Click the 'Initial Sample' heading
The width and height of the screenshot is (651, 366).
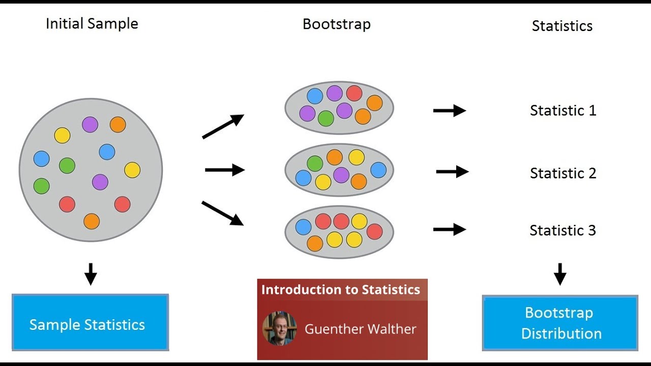(x=92, y=23)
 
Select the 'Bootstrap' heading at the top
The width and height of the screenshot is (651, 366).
(x=336, y=24)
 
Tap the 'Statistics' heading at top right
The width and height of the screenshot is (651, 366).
(x=562, y=26)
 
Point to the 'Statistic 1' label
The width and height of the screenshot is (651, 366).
(x=563, y=110)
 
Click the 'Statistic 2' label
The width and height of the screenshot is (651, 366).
(x=563, y=173)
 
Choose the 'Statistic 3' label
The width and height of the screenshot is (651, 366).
(x=563, y=230)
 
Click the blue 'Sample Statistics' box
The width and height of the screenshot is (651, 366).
(x=90, y=323)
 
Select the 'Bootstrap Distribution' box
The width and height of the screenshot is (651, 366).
(x=560, y=323)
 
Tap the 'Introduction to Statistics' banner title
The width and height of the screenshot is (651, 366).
(x=341, y=290)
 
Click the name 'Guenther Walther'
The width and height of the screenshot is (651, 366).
(x=360, y=329)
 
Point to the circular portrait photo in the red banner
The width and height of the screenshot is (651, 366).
(x=279, y=328)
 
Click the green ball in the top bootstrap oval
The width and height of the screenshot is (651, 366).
(x=325, y=118)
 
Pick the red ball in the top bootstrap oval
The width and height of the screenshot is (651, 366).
(x=354, y=94)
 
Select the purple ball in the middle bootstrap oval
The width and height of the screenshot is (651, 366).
(x=341, y=175)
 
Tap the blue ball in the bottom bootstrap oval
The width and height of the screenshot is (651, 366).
(x=303, y=227)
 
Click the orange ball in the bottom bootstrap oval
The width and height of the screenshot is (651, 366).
(x=315, y=243)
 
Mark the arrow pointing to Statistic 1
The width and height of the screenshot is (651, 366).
(x=449, y=111)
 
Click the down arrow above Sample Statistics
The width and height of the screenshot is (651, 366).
(x=91, y=274)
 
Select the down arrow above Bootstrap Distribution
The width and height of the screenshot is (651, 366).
(x=560, y=274)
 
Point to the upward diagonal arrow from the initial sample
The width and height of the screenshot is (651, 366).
(x=223, y=126)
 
